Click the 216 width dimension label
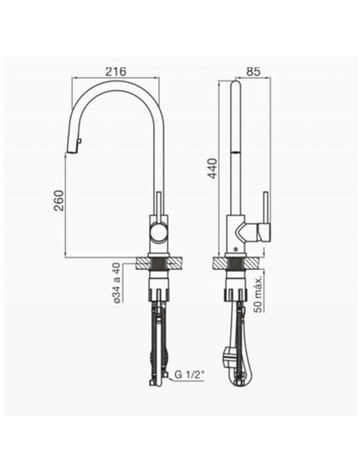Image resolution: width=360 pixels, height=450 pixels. pyautogui.click(x=116, y=71)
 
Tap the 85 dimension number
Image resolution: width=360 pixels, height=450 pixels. pyautogui.click(x=254, y=71)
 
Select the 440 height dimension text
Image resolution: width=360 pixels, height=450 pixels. pyautogui.click(x=213, y=168)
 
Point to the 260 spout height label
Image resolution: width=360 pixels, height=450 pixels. pyautogui.click(x=59, y=200)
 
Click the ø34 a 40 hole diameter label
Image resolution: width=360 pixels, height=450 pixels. pyautogui.click(x=116, y=283)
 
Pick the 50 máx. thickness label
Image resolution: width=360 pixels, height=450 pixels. pyautogui.click(x=257, y=295)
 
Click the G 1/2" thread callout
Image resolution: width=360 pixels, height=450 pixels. pyautogui.click(x=189, y=375)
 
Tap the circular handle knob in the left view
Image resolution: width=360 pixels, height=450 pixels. pyautogui.click(x=159, y=232)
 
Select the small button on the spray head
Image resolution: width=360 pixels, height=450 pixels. pyautogui.click(x=80, y=141)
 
